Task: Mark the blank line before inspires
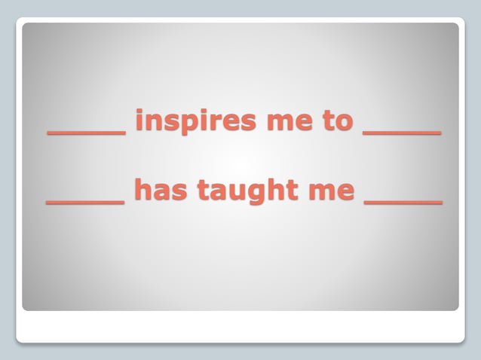point(87,133)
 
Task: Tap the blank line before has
point(85,203)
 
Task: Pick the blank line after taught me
point(403,203)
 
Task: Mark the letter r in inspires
point(213,121)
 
